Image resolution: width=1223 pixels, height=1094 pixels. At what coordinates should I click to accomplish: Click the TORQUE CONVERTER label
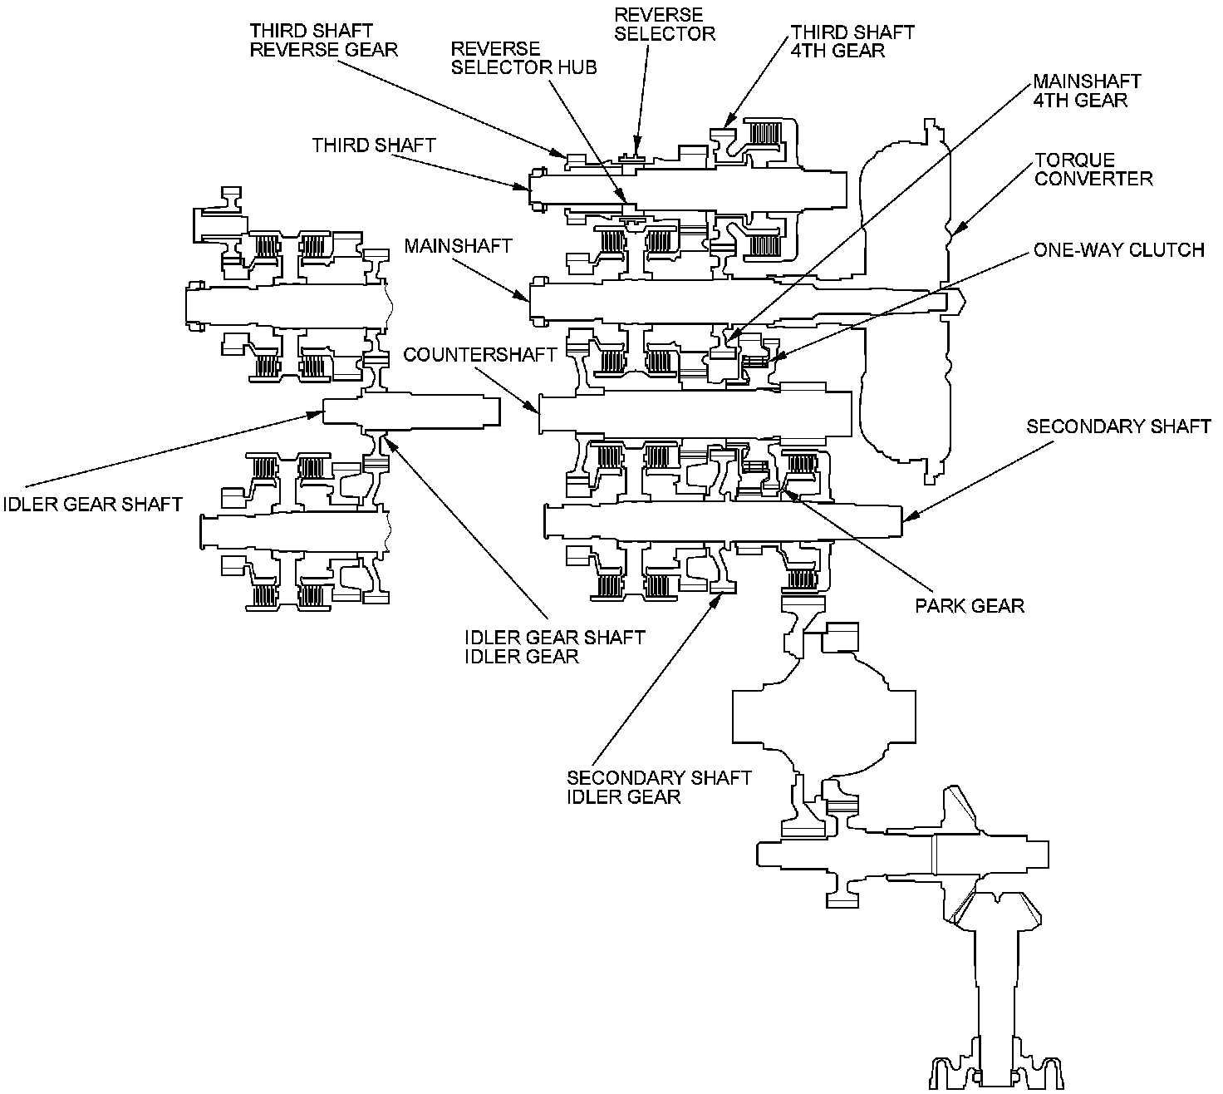pyautogui.click(x=1093, y=169)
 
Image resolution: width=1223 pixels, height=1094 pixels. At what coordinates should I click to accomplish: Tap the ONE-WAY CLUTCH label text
pyautogui.click(x=1119, y=250)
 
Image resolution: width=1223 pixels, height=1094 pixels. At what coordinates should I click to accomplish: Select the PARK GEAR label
pyautogui.click(x=970, y=606)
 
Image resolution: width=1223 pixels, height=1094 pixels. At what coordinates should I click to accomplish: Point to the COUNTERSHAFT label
pyautogui.click(x=479, y=355)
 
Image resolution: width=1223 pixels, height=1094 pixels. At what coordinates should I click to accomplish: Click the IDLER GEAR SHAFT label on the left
pyautogui.click(x=92, y=504)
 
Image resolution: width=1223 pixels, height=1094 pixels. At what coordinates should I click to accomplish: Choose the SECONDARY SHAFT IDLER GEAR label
pyautogui.click(x=659, y=787)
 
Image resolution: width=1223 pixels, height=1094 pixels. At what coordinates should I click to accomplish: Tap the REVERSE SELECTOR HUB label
pyautogui.click(x=523, y=58)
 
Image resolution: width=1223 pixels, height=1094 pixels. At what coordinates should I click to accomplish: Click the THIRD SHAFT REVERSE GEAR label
pyautogui.click(x=323, y=41)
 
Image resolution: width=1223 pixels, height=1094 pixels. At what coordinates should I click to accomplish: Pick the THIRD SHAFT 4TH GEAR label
pyautogui.click(x=852, y=41)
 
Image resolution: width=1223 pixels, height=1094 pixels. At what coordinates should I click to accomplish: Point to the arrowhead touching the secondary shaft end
pyautogui.click(x=911, y=516)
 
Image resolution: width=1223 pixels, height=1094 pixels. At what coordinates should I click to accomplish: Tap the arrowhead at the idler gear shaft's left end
pyautogui.click(x=315, y=414)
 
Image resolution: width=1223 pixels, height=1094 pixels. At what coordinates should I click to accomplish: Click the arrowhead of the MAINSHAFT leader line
pyautogui.click(x=523, y=295)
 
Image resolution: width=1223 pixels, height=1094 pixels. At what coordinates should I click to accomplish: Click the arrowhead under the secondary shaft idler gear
pyautogui.click(x=719, y=600)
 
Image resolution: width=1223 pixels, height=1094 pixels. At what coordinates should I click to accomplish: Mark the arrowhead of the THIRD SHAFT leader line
pyautogui.click(x=523, y=186)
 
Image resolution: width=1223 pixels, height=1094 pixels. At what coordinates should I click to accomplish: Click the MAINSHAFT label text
pyautogui.click(x=458, y=246)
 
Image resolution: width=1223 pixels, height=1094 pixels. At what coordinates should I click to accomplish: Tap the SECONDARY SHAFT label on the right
pyautogui.click(x=1118, y=426)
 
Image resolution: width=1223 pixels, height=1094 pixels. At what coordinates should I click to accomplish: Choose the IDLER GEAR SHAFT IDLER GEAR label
pyautogui.click(x=555, y=647)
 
